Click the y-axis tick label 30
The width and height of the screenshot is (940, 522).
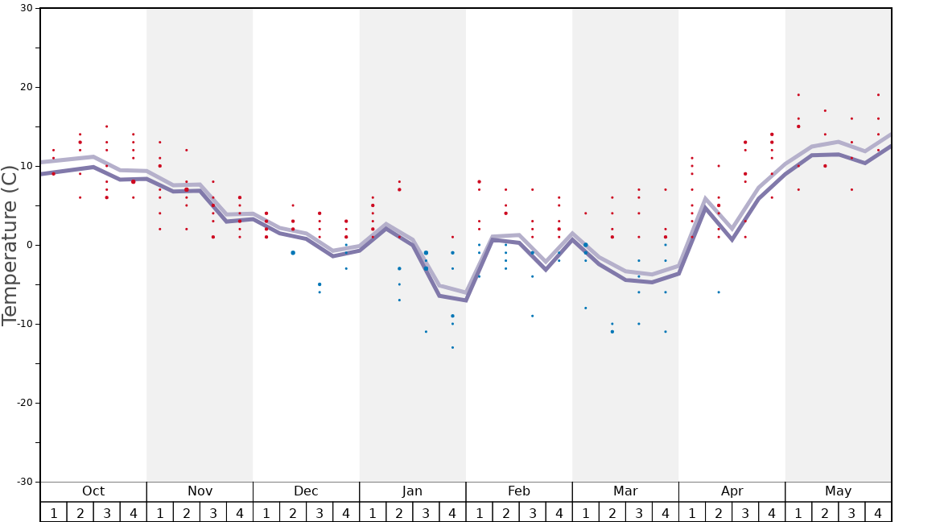[x=27, y=9]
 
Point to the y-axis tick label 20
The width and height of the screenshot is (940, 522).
[x=27, y=87]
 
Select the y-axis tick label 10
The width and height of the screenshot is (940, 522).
[x=27, y=166]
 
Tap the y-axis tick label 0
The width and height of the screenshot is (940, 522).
[x=30, y=245]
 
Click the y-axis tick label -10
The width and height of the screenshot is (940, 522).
[x=26, y=324]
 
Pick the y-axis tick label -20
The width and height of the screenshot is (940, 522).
[x=26, y=403]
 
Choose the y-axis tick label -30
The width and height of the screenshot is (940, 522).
[x=26, y=482]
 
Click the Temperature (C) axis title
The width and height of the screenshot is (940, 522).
[x=10, y=245]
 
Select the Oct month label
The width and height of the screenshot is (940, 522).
[x=93, y=491]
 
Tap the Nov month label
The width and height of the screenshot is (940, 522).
[x=200, y=491]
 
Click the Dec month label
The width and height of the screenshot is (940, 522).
[x=306, y=491]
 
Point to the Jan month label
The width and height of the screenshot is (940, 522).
[x=412, y=491]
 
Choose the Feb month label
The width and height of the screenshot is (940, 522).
[x=519, y=491]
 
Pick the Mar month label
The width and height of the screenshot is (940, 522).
[x=625, y=491]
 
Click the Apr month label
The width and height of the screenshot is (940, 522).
[x=732, y=491]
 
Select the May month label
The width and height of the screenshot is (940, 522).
[x=838, y=491]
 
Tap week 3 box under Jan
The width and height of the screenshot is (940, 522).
[x=426, y=512]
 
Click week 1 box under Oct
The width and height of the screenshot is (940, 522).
[x=54, y=512]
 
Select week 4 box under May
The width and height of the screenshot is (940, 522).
[x=878, y=512]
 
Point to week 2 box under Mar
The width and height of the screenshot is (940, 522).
[x=612, y=512]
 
